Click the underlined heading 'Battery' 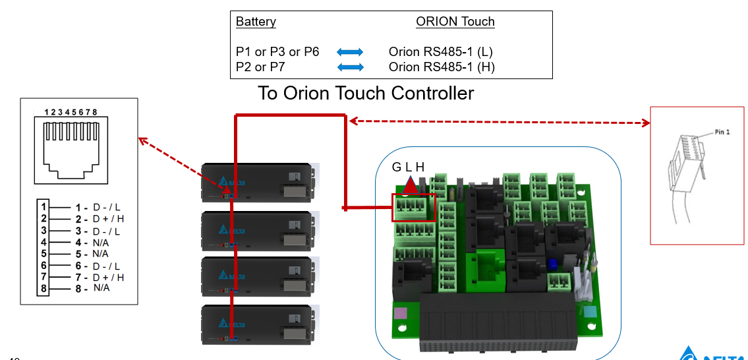(x=256, y=22)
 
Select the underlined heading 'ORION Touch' (x=455, y=22)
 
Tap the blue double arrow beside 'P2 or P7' (x=350, y=67)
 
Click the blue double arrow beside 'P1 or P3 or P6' (x=350, y=51)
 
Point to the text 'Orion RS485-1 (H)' (x=442, y=67)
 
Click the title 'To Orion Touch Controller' (x=366, y=93)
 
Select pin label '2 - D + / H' (x=99, y=219)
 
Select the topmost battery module (x=260, y=182)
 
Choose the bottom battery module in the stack (x=260, y=324)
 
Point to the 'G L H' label (x=408, y=167)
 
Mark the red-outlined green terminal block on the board (x=413, y=207)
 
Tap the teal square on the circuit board (x=589, y=313)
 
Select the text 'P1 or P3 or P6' (x=277, y=51)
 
